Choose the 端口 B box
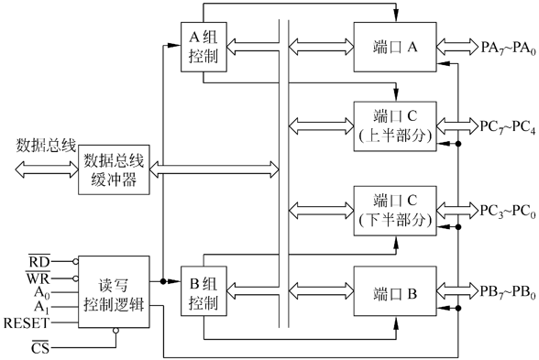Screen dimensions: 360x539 tap(395, 294)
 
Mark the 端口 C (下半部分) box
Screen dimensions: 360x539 tap(395, 208)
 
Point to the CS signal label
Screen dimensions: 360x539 tap(39, 348)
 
